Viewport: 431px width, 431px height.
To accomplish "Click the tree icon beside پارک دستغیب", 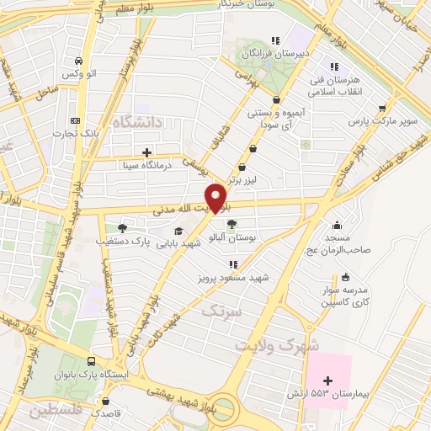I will (x=123, y=227).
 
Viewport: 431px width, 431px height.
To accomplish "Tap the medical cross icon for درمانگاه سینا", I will (x=148, y=152).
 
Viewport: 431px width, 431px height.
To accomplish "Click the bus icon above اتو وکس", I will (x=78, y=61).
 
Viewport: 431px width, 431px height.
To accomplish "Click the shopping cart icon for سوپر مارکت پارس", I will (x=384, y=108).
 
